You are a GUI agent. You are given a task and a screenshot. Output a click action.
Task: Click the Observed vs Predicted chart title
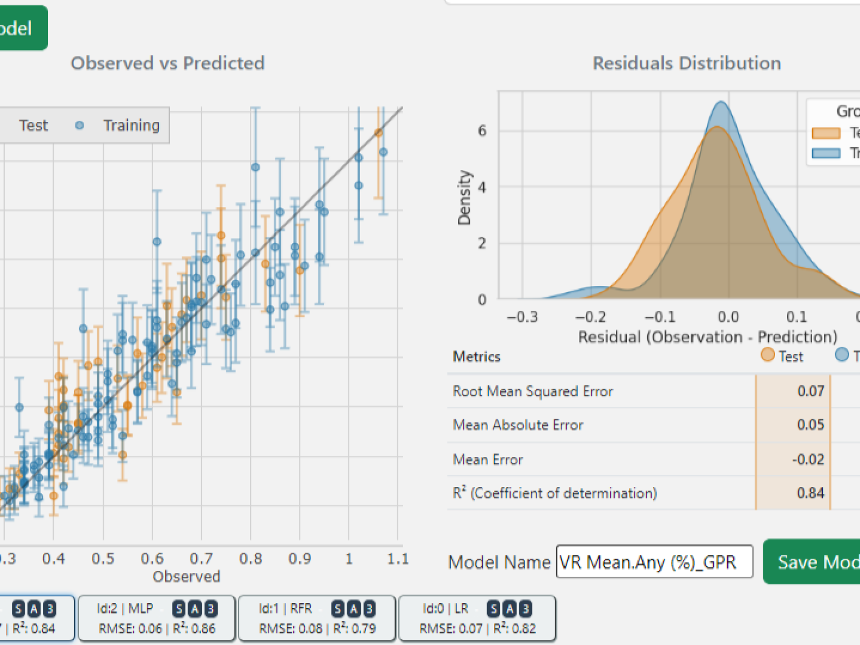tap(168, 63)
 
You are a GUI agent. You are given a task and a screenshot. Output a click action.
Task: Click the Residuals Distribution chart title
tap(686, 63)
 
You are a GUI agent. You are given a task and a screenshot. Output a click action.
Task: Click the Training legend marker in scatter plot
tap(80, 125)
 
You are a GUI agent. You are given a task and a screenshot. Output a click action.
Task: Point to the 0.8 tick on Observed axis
tap(250, 559)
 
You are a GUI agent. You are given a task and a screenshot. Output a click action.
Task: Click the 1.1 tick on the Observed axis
tap(398, 559)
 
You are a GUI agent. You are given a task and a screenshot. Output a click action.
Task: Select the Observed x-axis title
tap(187, 576)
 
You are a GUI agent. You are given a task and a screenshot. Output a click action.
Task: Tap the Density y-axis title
tap(464, 197)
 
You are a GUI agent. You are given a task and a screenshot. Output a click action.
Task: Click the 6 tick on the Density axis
tap(482, 131)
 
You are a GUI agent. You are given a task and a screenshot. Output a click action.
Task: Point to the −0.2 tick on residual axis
tap(591, 317)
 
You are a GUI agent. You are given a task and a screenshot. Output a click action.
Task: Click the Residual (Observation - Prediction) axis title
tap(707, 337)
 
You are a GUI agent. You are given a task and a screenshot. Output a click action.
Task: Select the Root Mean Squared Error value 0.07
tap(811, 391)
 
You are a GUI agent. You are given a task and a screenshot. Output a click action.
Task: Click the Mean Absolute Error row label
tap(518, 425)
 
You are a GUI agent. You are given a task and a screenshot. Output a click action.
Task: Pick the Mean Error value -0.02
tap(808, 459)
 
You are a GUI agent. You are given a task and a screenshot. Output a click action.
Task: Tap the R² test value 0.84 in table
tap(811, 492)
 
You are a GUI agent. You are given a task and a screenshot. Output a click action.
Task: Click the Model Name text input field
tap(654, 562)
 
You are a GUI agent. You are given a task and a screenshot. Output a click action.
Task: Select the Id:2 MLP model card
tap(157, 618)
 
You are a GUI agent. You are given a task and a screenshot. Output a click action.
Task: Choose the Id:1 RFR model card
tap(317, 618)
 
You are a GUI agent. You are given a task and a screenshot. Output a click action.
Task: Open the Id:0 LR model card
tap(477, 618)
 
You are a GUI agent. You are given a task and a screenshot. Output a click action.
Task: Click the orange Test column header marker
tap(768, 355)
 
